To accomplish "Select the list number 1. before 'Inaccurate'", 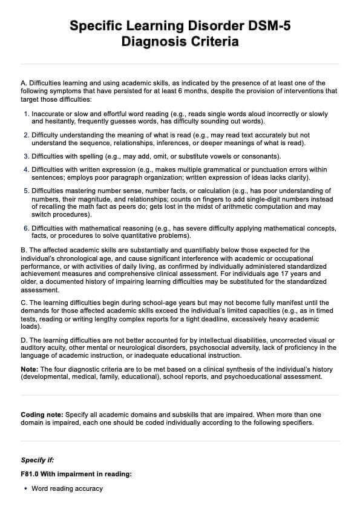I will (x=26, y=114).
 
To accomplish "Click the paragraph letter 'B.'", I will (x=24, y=250).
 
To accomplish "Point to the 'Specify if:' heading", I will (x=37, y=460).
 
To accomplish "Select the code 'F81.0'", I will (x=31, y=475).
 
